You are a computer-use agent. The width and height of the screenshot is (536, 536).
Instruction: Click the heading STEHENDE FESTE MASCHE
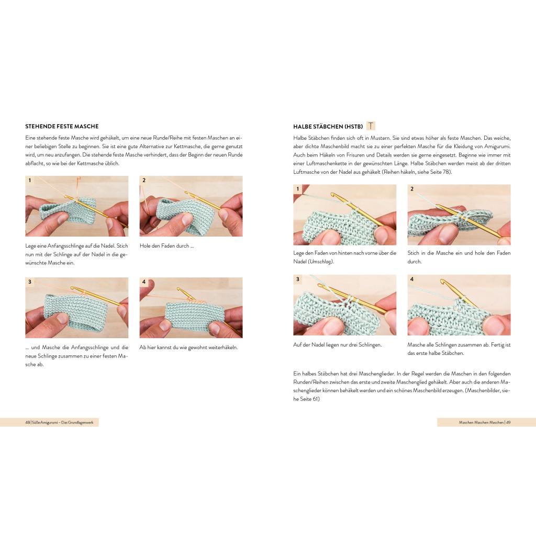pos(62,127)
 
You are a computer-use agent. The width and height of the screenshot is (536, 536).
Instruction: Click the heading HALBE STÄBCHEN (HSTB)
pos(328,127)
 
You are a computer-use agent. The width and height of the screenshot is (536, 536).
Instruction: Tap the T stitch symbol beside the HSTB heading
pos(371,126)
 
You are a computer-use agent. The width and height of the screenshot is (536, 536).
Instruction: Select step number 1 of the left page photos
pos(30,180)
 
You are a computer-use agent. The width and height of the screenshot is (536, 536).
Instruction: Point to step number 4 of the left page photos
pos(144,282)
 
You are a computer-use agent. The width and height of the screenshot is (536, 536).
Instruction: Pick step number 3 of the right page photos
pos(298,280)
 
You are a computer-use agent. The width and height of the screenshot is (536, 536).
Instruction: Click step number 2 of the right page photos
pos(412,188)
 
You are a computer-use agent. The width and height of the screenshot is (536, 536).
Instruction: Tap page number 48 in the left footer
pos(28,422)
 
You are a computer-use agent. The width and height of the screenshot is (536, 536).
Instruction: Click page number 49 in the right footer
pos(508,422)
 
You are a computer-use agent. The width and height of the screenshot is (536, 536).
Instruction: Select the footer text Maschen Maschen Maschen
pos(482,422)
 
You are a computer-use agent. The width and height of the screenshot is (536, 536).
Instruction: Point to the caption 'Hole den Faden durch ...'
pos(167,246)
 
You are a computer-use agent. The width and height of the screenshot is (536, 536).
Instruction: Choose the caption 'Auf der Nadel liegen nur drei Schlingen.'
pos(338,345)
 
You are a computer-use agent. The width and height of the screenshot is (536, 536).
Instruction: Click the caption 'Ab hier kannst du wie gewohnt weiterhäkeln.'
pos(188,348)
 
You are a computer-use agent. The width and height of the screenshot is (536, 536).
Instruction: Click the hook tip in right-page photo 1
pos(332,195)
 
